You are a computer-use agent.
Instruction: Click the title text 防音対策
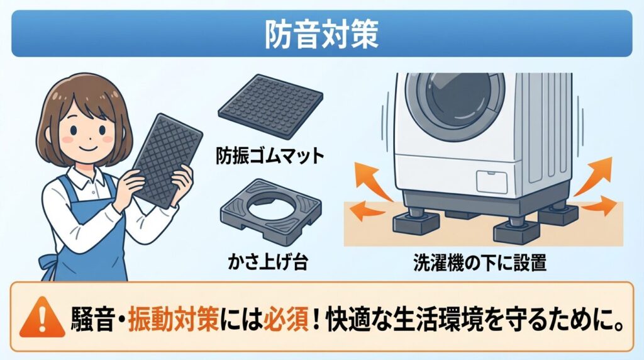(321, 35)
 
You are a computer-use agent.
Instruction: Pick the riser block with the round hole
(270, 211)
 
